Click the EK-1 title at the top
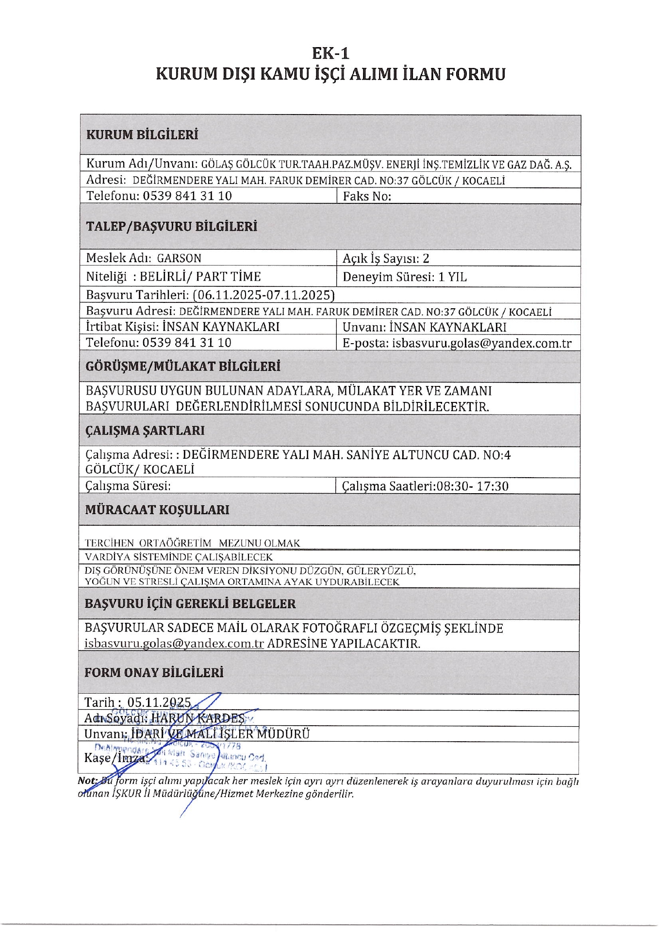pyautogui.click(x=330, y=53)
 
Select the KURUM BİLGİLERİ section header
pyautogui.click(x=142, y=134)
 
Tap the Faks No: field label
pyautogui.click(x=367, y=196)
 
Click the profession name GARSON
pyautogui.click(x=179, y=258)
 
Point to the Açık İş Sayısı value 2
pyautogui.click(x=426, y=258)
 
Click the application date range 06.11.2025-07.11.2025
pyautogui.click(x=264, y=295)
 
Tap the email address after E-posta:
pyautogui.click(x=482, y=343)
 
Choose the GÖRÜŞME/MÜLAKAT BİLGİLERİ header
pyautogui.click(x=183, y=366)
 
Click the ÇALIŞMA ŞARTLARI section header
pyautogui.click(x=145, y=431)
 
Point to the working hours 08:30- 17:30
pyautogui.click(x=473, y=486)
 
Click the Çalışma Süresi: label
pyautogui.click(x=128, y=486)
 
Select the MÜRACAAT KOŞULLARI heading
pyautogui.click(x=157, y=510)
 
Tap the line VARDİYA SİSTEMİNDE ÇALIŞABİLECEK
pyautogui.click(x=179, y=557)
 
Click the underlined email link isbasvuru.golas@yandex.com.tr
pyautogui.click(x=174, y=644)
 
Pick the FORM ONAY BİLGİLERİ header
pyautogui.click(x=154, y=673)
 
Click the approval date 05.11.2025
pyautogui.click(x=159, y=702)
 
